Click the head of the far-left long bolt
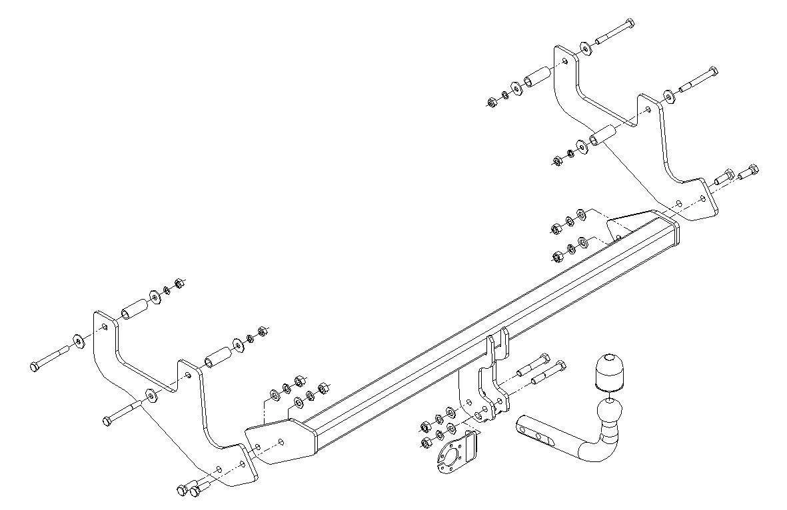click(36, 366)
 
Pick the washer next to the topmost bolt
click(584, 47)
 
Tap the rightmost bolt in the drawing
click(749, 171)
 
